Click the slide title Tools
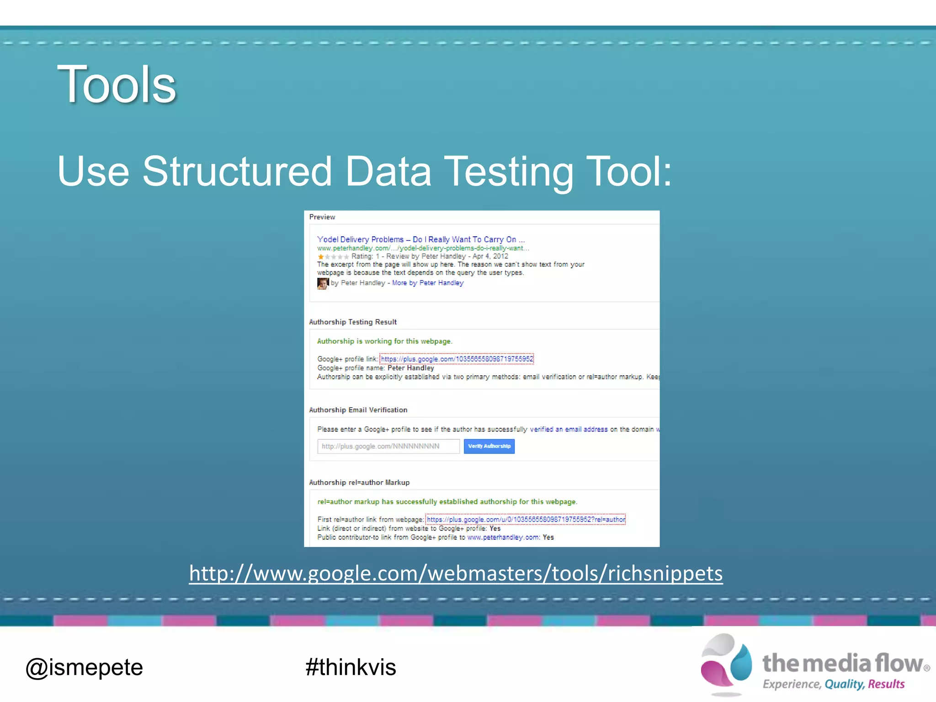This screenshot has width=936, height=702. (x=117, y=85)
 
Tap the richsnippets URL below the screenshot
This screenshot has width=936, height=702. (x=456, y=573)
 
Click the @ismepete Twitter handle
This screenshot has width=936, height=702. (x=84, y=667)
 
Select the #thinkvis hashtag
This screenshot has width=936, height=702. (x=351, y=667)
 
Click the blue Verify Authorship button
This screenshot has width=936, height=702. (x=489, y=446)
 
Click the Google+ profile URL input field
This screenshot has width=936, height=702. (x=388, y=446)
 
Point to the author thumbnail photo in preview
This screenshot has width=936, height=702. (x=323, y=283)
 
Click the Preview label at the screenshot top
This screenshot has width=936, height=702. (x=322, y=217)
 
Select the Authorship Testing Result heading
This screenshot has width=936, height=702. (x=353, y=322)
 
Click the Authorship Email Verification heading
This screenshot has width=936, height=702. (x=358, y=410)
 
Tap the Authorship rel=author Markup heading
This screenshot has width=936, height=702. (x=359, y=482)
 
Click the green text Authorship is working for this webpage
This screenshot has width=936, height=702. (x=384, y=341)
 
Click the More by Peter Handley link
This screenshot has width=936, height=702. (x=427, y=283)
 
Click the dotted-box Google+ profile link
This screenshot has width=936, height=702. (x=457, y=359)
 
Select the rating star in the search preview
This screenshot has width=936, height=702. (x=321, y=256)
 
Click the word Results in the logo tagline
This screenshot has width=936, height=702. (x=886, y=684)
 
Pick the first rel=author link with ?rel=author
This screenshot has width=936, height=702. (x=526, y=519)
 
